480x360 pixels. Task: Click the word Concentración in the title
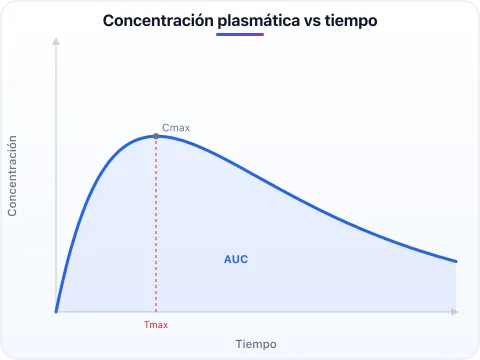tap(158, 21)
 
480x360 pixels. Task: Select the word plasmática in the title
tap(259, 22)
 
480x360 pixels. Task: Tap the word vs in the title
tap(312, 22)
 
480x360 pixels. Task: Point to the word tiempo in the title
tap(351, 22)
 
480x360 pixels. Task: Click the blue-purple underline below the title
tap(240, 34)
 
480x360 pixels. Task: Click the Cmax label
tap(176, 128)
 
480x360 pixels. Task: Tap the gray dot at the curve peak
tap(156, 136)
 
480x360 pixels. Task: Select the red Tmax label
tap(156, 325)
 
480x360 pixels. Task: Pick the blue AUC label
tap(236, 259)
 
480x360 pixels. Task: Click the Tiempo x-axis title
tap(256, 344)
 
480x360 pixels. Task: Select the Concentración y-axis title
tap(12, 176)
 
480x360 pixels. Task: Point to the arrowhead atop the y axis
tap(56, 41)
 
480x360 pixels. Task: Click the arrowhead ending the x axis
tap(455, 312)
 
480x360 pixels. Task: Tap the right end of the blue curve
tap(456, 261)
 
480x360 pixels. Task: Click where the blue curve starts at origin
tap(56, 311)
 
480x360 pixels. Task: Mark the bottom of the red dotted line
tap(156, 311)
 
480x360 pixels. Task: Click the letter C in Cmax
tap(165, 128)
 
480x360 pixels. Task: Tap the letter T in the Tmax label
tap(147, 325)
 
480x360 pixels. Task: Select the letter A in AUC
tap(228, 259)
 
